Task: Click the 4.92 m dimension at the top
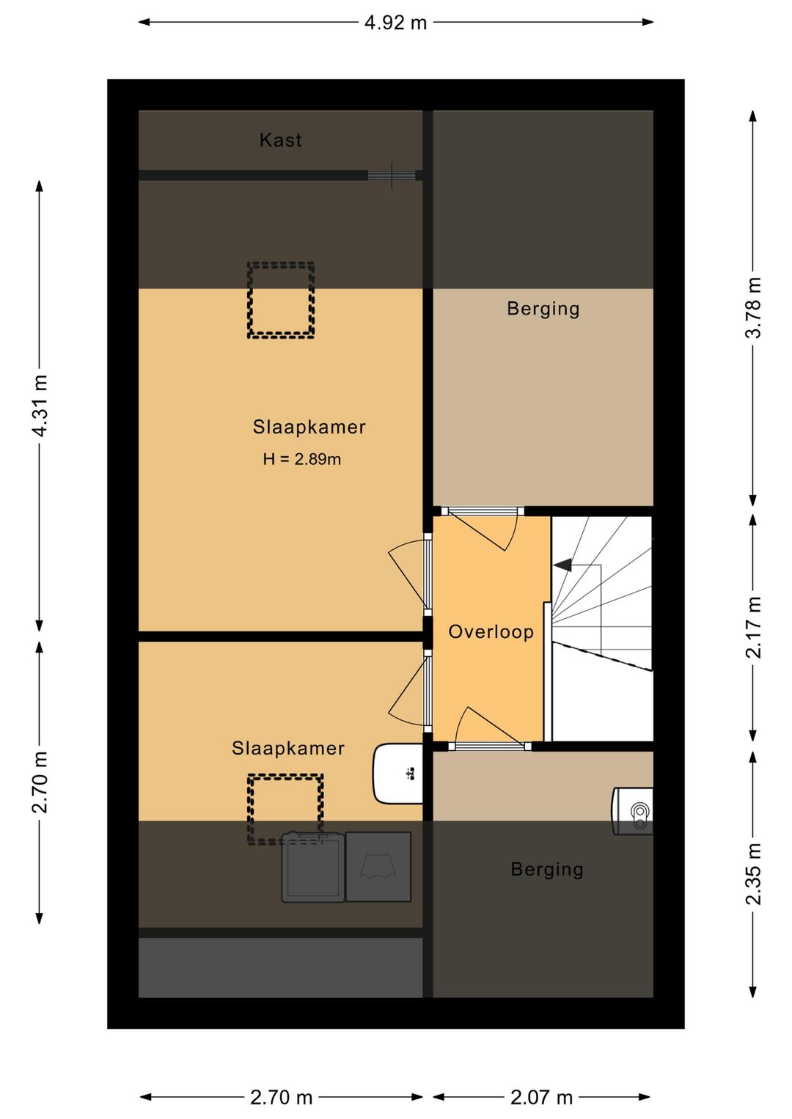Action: click(395, 23)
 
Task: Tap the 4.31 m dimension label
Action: click(40, 406)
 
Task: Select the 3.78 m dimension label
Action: click(753, 308)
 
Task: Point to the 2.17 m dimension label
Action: click(753, 628)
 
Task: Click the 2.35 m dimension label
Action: click(753, 874)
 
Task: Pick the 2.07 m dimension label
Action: click(541, 1098)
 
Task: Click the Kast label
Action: click(280, 140)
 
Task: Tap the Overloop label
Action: click(491, 631)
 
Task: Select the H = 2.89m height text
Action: click(302, 459)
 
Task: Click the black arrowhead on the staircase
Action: click(562, 565)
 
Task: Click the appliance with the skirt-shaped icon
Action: click(378, 867)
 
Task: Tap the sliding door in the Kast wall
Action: click(392, 175)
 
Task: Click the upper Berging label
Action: click(543, 308)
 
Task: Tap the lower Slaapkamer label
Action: click(287, 749)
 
